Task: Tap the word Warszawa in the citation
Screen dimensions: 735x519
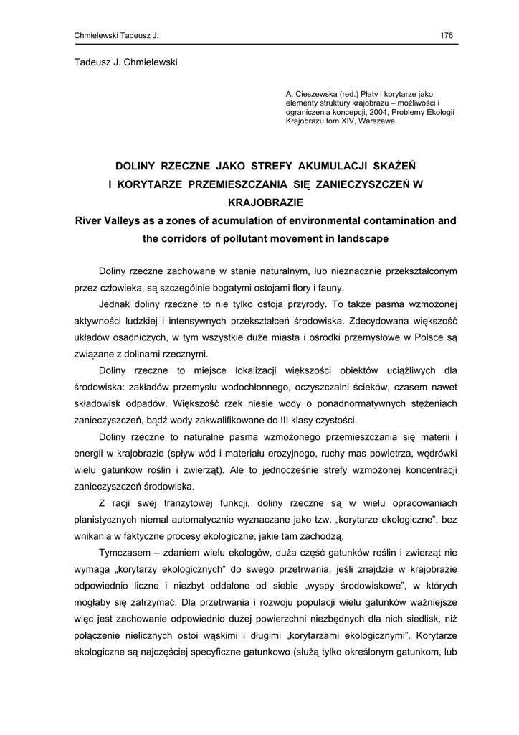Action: tap(376, 121)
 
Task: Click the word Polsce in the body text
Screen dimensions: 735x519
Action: tap(426, 337)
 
